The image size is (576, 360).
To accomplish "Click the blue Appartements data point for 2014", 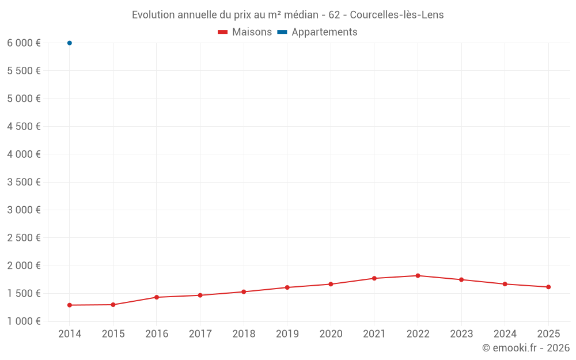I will coord(70,43).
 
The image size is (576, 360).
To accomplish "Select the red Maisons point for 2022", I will coord(418,275).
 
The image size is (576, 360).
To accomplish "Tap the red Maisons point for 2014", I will coord(70,305).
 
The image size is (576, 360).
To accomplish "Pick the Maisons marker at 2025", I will coord(548,287).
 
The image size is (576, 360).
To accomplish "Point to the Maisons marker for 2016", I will coord(157,297).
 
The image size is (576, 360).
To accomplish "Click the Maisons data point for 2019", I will coord(287,287).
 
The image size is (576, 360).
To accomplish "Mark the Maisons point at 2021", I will coord(374,278).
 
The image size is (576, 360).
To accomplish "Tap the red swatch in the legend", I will coord(223,32).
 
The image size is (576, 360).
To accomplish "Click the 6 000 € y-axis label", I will coord(24,43).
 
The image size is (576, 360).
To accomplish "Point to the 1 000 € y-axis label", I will coord(24,321).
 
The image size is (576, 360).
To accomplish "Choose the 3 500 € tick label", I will coord(24,182).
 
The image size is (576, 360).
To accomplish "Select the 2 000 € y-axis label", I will coord(24,266).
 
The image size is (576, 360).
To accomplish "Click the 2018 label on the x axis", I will coord(244,334).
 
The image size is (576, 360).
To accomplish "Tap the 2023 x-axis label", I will coord(461,334).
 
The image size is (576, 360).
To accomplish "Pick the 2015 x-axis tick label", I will coord(113,334).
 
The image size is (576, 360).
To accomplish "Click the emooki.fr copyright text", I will coord(526,348).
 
